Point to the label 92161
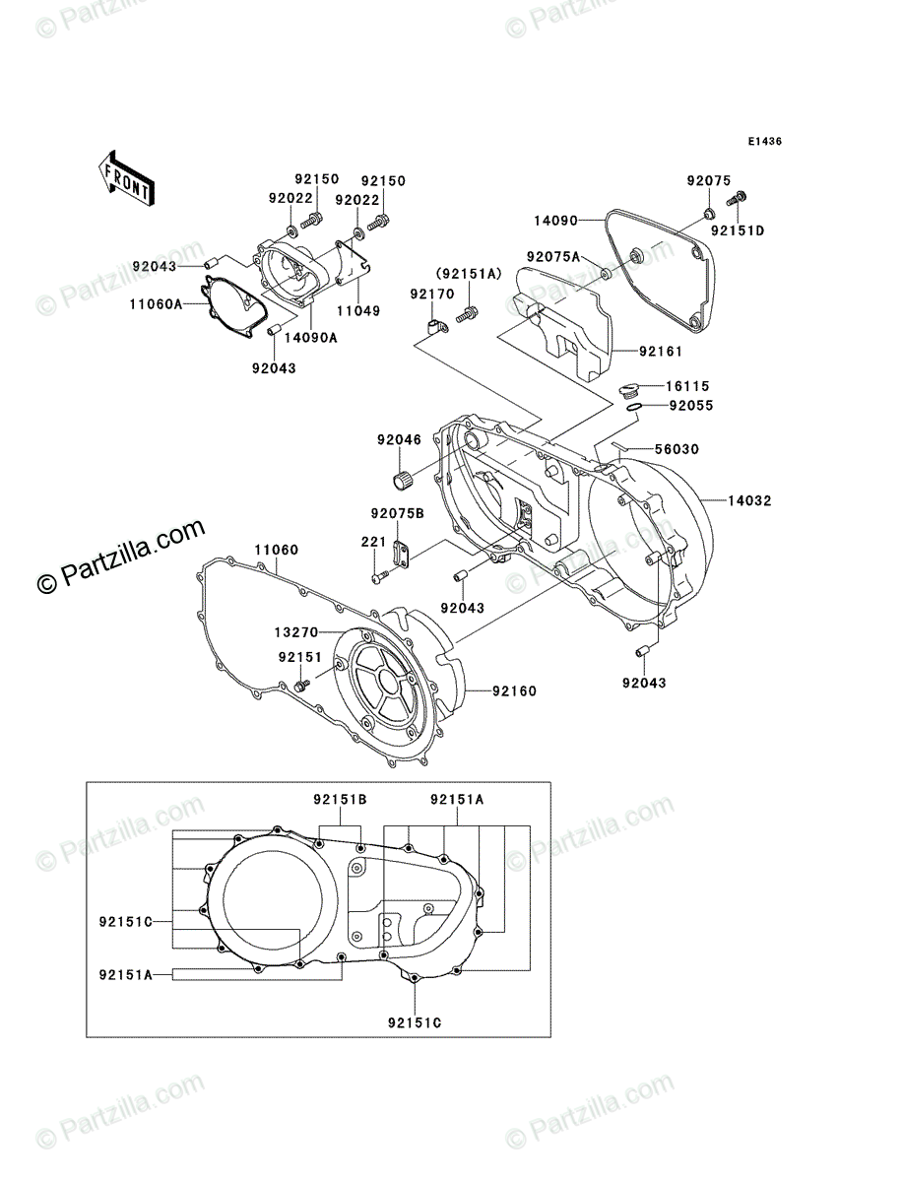661,351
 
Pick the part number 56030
677,449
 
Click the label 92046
398,440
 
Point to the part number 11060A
156,305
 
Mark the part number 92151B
341,800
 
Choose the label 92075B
397,513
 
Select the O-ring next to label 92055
634,409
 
